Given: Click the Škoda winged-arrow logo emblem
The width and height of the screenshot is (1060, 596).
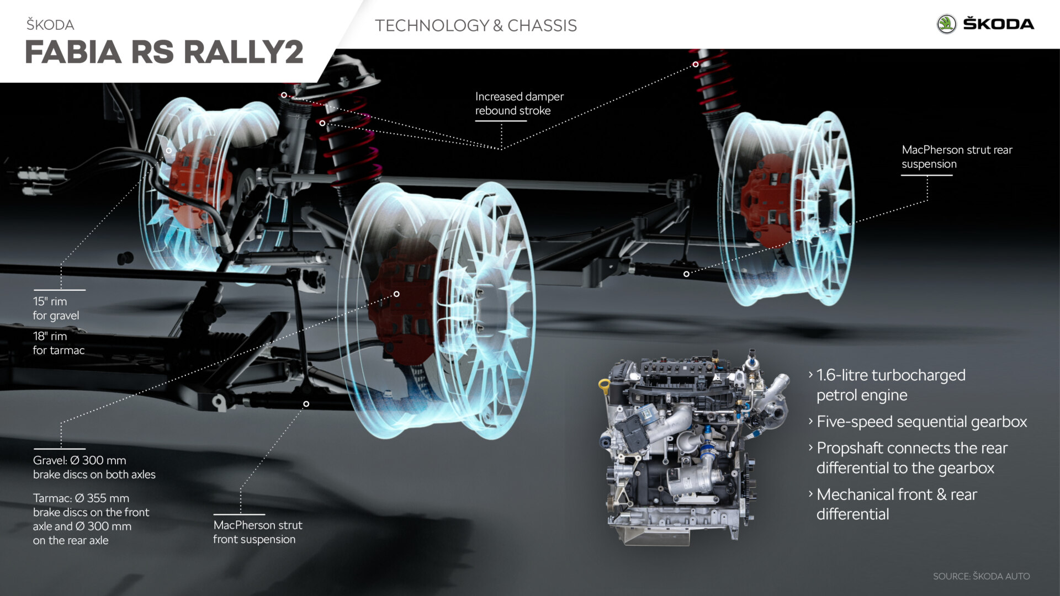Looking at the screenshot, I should [x=946, y=24].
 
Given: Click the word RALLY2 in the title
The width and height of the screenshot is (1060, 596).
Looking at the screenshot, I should [x=243, y=52].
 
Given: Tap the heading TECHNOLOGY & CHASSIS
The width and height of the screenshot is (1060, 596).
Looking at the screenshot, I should [x=475, y=25].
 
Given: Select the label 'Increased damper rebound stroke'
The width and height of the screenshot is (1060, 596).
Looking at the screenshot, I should [x=519, y=103].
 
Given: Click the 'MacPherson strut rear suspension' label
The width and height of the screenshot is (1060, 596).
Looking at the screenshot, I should [x=956, y=157].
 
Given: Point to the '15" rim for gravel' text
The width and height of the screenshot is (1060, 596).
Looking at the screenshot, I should [x=55, y=308].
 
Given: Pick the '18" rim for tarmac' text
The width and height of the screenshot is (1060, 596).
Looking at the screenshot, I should [x=58, y=343].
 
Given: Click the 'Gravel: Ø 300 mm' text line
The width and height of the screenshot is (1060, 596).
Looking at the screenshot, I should [x=79, y=460].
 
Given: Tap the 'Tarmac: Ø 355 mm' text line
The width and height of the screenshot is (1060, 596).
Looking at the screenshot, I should [x=81, y=498].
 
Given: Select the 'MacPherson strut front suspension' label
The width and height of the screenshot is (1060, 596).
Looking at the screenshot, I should [x=257, y=532].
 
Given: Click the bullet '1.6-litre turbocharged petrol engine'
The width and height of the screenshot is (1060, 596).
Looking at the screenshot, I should [x=890, y=385].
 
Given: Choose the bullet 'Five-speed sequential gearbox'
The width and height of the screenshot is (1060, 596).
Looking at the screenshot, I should [x=921, y=422].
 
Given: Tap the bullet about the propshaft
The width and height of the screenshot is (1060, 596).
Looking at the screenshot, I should [x=911, y=457].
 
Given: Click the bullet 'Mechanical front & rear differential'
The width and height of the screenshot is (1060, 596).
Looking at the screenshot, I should [x=895, y=504].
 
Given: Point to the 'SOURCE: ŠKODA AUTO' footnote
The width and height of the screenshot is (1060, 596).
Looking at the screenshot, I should [x=981, y=576].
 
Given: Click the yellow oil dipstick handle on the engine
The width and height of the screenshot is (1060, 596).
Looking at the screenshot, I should [x=603, y=385].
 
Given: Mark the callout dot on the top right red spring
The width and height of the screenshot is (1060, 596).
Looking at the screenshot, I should [x=696, y=65].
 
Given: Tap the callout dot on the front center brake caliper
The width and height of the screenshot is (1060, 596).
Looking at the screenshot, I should [x=396, y=294].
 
